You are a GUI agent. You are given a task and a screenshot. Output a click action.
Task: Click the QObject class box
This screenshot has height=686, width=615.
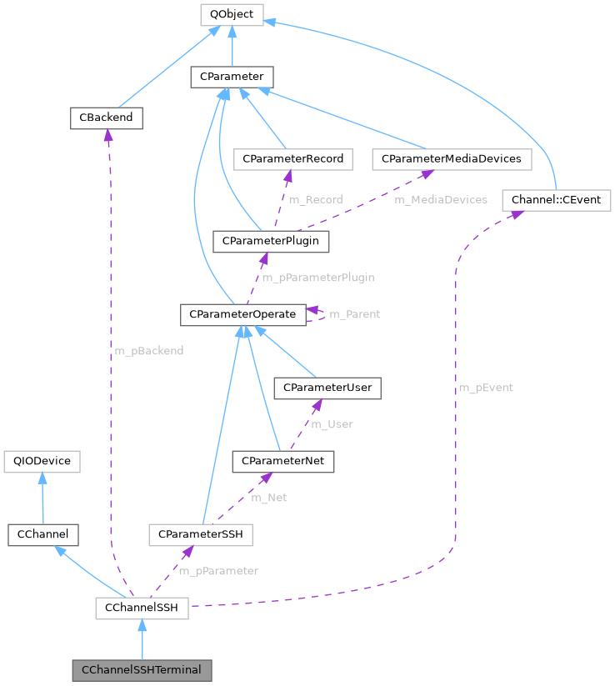click(x=232, y=14)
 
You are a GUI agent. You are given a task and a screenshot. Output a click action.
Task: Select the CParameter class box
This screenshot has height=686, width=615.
click(x=232, y=78)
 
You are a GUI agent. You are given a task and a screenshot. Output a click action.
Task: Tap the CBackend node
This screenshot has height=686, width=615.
click(x=106, y=118)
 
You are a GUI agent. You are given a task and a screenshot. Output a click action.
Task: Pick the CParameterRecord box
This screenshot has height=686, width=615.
click(x=293, y=158)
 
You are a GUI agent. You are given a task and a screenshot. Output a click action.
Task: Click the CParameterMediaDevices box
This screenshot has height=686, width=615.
click(x=451, y=158)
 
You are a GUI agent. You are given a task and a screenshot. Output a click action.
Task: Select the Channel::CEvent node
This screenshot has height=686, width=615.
click(x=557, y=200)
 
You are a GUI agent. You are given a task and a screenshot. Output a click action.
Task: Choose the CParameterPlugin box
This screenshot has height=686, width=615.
click(x=272, y=241)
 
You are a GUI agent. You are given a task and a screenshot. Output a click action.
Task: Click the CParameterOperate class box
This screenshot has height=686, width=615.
click(x=242, y=315)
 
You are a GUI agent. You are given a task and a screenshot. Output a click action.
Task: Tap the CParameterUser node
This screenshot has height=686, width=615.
click(x=328, y=388)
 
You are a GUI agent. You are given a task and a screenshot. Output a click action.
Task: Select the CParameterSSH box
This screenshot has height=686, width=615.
click(x=200, y=534)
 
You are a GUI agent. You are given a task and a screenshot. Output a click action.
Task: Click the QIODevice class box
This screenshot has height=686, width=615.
click(x=42, y=461)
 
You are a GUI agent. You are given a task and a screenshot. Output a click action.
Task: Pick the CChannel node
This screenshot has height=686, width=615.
click(x=42, y=534)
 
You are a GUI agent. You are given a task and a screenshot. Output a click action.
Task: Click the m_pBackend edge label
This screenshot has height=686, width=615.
click(x=148, y=351)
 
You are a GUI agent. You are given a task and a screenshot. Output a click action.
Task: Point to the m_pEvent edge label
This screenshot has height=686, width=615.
click(x=486, y=388)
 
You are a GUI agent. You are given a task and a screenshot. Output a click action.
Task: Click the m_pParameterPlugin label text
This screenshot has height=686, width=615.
click(x=318, y=278)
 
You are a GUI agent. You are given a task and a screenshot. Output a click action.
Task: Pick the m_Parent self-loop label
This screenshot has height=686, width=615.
click(x=355, y=314)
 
